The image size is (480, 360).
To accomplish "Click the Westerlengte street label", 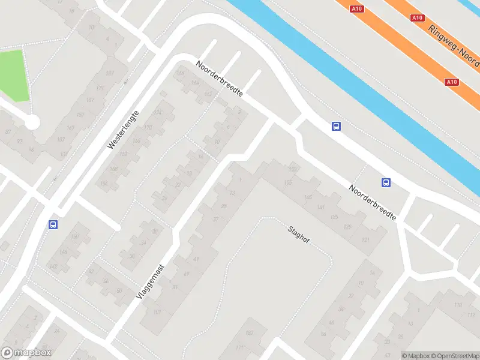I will coord(123,130).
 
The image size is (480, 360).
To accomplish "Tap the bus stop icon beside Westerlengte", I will coord(53,224).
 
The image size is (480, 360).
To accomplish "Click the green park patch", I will coord(14,75).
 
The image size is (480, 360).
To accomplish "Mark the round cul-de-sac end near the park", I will coord(32,122).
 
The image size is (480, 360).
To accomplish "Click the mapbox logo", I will coord(26,353).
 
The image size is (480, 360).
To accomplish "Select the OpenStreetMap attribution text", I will coord(454,356).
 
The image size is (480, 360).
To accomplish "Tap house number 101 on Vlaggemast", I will coord(157,312).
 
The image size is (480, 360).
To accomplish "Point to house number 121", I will coord(365,239).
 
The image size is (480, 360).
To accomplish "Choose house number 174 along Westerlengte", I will coord(158,113).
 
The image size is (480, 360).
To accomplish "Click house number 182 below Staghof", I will coord(249,332).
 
